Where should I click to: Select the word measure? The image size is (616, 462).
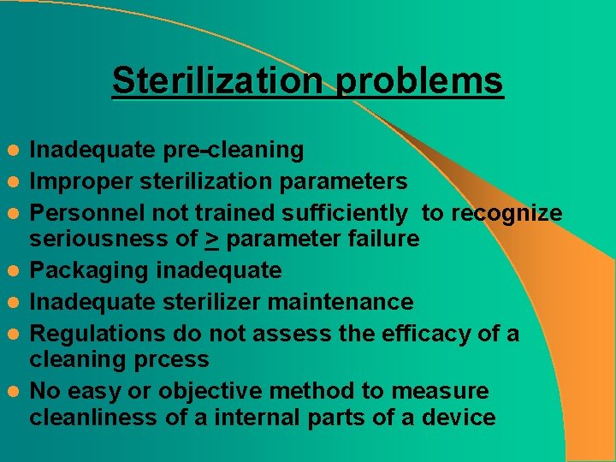(x=440, y=392)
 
